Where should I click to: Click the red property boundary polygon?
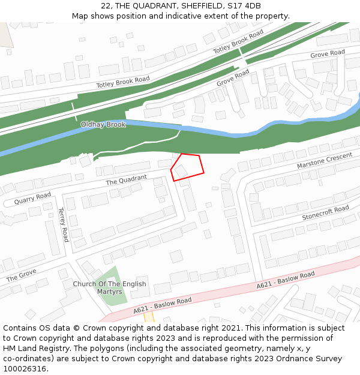pyautogui.click(x=188, y=166)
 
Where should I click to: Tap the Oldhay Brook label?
pyautogui.click(x=103, y=125)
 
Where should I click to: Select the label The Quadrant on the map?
pyautogui.click(x=126, y=179)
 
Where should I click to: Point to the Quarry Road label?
pyautogui.click(x=32, y=197)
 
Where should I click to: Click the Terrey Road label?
pyautogui.click(x=63, y=225)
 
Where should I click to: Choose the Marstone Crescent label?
pyautogui.click(x=325, y=160)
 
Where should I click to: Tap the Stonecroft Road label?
pyautogui.click(x=325, y=212)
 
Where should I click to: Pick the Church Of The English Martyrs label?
pyautogui.click(x=109, y=287)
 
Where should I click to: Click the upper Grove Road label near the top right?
pyautogui.click(x=328, y=54)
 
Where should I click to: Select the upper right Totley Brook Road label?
pyautogui.click(x=238, y=41)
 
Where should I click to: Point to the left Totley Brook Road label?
pyautogui.click(x=122, y=82)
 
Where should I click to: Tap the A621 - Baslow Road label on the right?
pyautogui.click(x=286, y=280)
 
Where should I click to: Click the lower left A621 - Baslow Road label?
pyautogui.click(x=162, y=305)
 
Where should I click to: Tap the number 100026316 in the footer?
pyautogui.click(x=25, y=368)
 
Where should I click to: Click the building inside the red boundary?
pyautogui.click(x=181, y=170)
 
